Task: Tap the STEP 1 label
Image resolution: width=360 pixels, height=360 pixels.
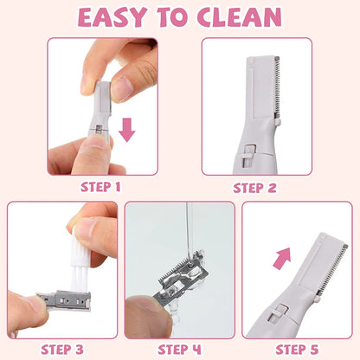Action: pos(102,185)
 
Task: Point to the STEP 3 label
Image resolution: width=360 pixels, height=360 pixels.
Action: pos(61,349)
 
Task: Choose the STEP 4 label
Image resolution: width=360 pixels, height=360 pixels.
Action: pos(180,349)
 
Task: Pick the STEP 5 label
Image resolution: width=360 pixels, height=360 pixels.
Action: pos(298,349)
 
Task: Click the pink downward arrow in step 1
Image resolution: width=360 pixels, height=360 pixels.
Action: pos(127,130)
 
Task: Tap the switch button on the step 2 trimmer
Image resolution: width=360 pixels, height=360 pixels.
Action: pos(247,156)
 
